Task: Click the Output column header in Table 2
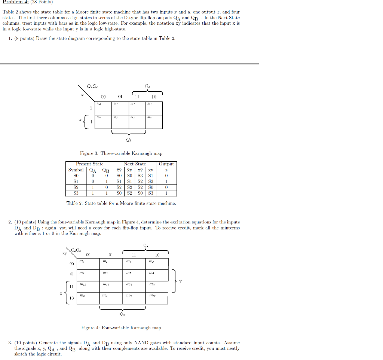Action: coord(166,164)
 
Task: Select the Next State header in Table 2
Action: coord(135,164)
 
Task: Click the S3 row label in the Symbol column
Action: coord(76,193)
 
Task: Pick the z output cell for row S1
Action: coord(166,181)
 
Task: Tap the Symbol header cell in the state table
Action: coord(76,170)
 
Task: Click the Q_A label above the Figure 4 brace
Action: coord(145,246)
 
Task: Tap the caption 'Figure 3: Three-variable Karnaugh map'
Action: coord(121,153)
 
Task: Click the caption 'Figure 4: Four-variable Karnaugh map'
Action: coord(121,328)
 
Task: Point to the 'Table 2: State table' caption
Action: coord(121,203)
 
